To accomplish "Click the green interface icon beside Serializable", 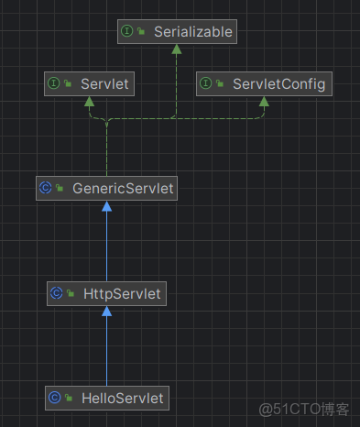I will [x=128, y=32].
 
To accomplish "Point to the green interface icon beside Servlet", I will [x=54, y=84].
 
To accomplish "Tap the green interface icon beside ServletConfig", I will [x=206, y=84].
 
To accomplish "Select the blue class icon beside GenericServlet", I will [x=45, y=189].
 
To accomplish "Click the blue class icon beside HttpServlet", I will [x=56, y=293].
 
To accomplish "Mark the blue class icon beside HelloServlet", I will [x=54, y=398].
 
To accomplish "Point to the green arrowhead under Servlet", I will [x=89, y=102].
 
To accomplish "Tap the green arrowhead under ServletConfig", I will [x=263, y=102].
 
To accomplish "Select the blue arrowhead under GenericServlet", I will [x=106, y=206].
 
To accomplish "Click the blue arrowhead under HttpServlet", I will [x=106, y=311].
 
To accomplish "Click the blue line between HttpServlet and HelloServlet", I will [x=106, y=353].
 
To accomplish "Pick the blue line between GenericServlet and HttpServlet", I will [x=106, y=247].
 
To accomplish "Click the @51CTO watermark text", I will [x=304, y=409].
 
